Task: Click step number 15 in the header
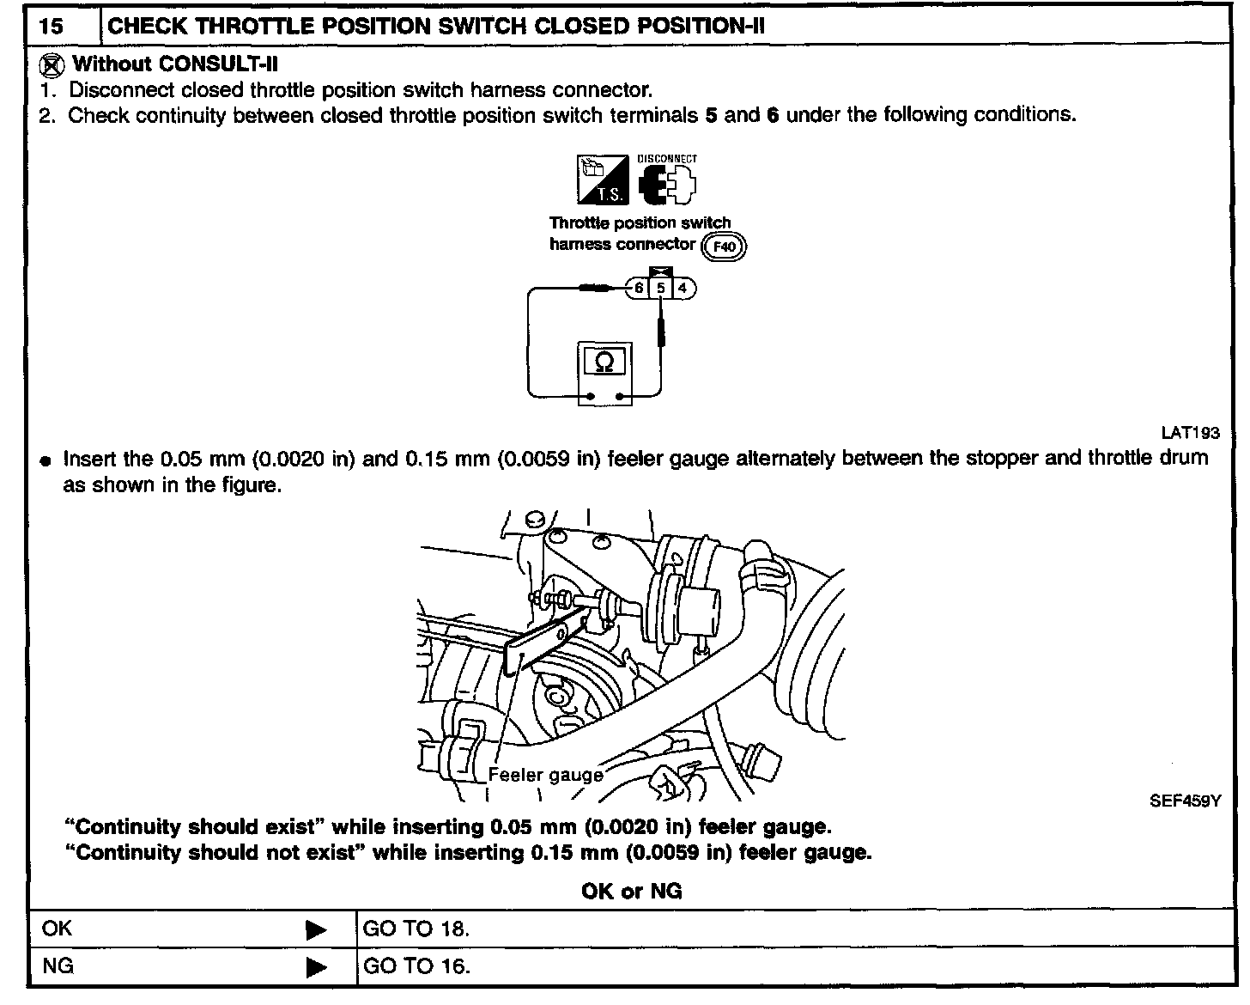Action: click(x=51, y=26)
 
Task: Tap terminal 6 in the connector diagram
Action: click(x=639, y=289)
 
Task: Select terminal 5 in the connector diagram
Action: click(x=660, y=289)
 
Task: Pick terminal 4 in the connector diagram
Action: click(x=683, y=289)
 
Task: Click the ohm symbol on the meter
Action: click(x=604, y=362)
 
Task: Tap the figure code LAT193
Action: click(x=1189, y=434)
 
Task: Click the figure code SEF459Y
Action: click(x=1185, y=801)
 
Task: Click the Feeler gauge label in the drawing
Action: click(x=545, y=775)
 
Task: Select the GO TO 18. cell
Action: click(x=416, y=929)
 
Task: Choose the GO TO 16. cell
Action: click(x=416, y=966)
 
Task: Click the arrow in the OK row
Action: click(x=316, y=929)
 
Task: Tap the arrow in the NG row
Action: click(x=316, y=967)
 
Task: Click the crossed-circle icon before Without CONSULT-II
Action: click(x=53, y=64)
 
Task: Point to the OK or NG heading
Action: click(x=631, y=892)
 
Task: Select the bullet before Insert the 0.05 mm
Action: click(x=46, y=460)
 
